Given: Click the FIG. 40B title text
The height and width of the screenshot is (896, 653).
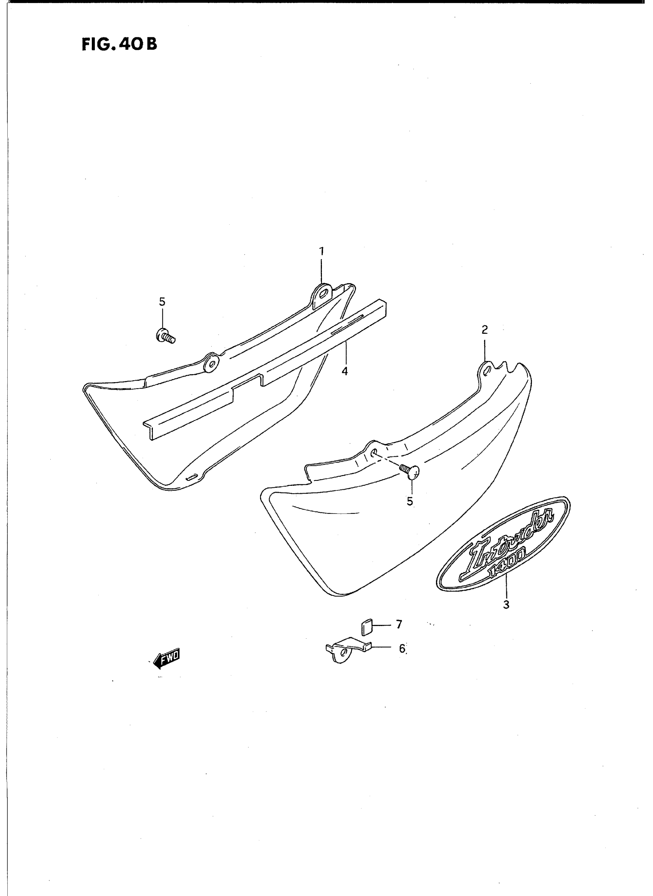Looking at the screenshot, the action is tap(119, 44).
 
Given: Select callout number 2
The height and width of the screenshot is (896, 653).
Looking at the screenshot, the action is tap(485, 329).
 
